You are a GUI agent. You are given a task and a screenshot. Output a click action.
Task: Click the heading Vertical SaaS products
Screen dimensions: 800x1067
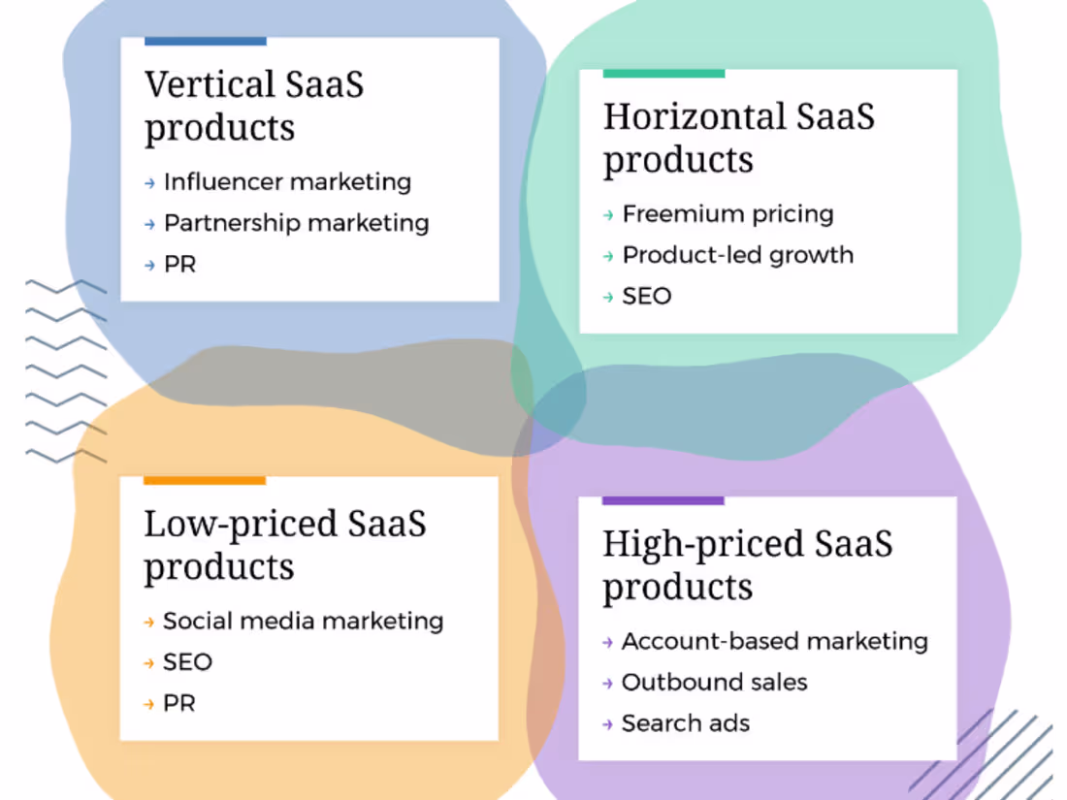coord(254,106)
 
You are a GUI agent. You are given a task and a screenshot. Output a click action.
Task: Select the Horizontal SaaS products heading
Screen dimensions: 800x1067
coord(738,138)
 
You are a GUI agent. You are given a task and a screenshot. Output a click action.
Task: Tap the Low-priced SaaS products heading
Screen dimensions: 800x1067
coord(284,545)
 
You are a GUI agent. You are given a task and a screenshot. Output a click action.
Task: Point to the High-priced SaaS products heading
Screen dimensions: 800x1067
coord(747,565)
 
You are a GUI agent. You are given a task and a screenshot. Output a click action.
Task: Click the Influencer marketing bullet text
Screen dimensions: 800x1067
coord(287,181)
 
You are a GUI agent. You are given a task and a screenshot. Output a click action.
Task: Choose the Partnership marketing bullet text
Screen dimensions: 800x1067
coord(296,223)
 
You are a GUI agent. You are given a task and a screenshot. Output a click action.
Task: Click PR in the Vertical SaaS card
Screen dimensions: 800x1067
coord(179,264)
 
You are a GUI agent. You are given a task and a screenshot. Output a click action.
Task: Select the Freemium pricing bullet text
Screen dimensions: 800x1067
coord(727,213)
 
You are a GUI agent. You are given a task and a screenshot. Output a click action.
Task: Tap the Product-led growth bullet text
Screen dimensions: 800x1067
coord(737,255)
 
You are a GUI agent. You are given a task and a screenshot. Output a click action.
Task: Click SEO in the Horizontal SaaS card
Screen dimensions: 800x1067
coord(646,296)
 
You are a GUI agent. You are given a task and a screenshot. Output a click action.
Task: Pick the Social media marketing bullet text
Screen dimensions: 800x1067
coord(303,621)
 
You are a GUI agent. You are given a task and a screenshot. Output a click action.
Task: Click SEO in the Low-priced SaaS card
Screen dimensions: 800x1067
coord(187,662)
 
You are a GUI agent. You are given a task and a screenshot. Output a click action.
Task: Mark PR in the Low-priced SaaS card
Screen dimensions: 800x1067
coord(178,703)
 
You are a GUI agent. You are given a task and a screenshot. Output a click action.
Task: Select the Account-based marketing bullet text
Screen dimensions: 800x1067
coord(774,641)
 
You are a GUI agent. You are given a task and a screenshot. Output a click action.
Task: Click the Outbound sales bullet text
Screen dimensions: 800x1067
coord(714,682)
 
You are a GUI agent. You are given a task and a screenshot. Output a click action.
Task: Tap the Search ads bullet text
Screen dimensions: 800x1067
coord(685,723)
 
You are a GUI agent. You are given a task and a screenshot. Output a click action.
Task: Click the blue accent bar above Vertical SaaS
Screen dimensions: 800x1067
coord(205,42)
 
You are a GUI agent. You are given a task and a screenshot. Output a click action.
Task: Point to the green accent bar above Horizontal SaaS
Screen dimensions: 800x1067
coord(663,74)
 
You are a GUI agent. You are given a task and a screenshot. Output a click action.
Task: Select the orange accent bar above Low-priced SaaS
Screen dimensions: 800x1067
coord(204,480)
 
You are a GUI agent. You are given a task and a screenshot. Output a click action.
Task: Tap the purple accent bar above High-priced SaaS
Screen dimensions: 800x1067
coord(663,501)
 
